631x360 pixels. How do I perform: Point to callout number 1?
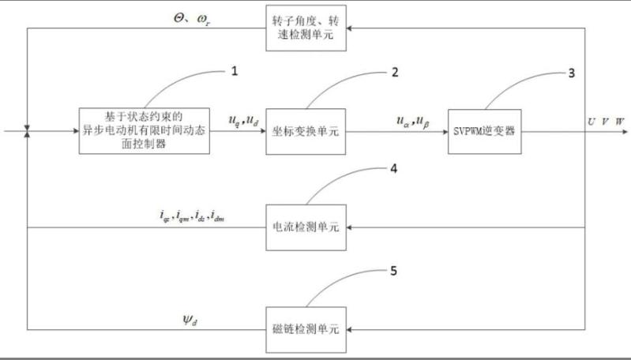[233, 71]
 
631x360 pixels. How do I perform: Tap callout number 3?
[571, 72]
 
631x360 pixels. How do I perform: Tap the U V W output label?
[605, 121]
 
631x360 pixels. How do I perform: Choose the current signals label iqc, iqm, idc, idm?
[191, 216]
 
